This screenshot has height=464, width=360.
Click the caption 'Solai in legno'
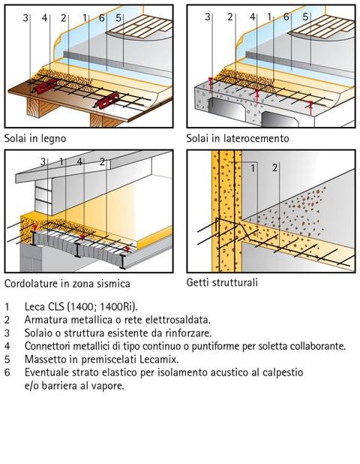coord(35,138)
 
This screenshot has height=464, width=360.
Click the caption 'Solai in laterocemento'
coord(238,138)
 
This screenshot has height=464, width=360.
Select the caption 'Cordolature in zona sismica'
coord(67,284)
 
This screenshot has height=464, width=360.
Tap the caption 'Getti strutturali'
coord(222,282)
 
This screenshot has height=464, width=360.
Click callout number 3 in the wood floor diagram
coord(25,18)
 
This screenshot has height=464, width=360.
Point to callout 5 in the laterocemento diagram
coord(305,17)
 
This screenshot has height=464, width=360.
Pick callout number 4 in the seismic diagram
coord(79,161)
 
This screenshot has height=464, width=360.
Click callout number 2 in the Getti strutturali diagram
coord(275,167)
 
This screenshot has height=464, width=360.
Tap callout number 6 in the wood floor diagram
coord(101,18)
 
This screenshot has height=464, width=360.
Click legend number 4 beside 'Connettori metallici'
coord(7,346)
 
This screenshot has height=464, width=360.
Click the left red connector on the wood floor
coord(45,86)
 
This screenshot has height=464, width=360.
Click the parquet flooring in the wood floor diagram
coord(139,27)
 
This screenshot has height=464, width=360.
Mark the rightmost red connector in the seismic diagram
coord(127,249)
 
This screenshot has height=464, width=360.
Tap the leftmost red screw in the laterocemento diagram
coord(211,83)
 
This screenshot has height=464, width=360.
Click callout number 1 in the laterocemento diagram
coord(269,17)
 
